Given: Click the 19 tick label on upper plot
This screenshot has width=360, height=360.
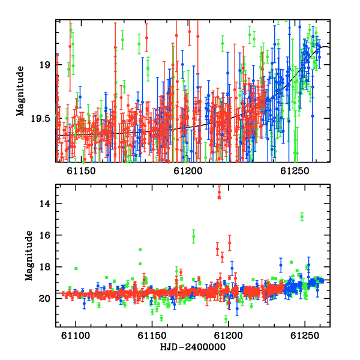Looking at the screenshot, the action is pos(44,65).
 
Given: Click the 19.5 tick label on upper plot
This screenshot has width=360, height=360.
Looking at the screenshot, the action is pos(40,119).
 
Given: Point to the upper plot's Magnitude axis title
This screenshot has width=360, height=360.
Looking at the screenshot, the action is pos(20,91).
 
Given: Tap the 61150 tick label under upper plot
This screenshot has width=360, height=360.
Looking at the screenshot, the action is pos(81,171).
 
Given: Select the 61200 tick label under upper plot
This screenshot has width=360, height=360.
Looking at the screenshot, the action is pos(188,171).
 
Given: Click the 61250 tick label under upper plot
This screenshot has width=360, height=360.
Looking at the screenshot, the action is pos(295,171).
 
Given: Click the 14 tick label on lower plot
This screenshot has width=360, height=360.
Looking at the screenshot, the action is pos(44,203).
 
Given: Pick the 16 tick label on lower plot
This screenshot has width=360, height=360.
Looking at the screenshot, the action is pos(44,235).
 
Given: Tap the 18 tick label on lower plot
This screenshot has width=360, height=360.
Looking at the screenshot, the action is pos(44,267).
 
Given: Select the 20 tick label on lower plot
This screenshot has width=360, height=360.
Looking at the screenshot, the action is pos(44,298).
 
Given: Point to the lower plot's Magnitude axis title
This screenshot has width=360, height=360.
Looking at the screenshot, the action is pos(29,256).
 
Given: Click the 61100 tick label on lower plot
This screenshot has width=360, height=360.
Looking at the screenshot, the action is pos(76,335).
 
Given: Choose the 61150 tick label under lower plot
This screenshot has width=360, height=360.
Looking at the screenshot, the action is pos(152,335).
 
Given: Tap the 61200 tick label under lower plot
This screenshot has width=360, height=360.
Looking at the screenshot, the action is pos(229,335).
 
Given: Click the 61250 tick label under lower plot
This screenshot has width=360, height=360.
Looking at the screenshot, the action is pos(305,335).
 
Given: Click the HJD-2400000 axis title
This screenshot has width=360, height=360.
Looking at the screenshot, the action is pos(193,347).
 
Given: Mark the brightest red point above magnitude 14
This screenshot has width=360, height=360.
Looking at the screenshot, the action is pos(219,192).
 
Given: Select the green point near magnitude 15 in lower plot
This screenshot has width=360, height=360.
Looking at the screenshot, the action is pos(302,217).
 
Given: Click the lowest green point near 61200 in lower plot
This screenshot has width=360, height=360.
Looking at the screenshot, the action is pos(226,319).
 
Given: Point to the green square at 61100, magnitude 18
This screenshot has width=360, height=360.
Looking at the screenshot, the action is pos(76,268).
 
